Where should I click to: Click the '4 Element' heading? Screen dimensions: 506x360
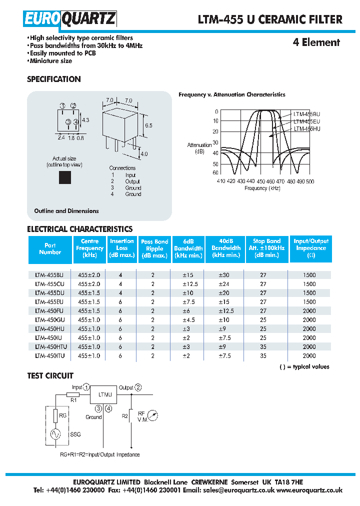pos(316,42)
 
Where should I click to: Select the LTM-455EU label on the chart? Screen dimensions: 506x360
pos(307,121)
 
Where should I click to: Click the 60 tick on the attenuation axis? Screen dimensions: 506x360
pos(215,172)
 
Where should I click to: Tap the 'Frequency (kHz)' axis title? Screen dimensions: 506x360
pos(262,188)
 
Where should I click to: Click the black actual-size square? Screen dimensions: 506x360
pos(64,177)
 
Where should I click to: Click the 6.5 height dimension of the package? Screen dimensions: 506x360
pos(148,125)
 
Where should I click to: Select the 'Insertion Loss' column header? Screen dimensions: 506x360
pos(122,248)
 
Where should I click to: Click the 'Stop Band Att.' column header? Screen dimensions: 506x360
pos(266,248)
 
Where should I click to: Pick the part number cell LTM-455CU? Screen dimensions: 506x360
pos(49,284)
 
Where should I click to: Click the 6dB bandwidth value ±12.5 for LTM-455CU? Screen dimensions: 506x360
pos(188,284)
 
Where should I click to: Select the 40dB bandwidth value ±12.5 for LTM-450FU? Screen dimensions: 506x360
pos(226,311)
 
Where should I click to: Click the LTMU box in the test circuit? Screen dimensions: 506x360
pos(103,395)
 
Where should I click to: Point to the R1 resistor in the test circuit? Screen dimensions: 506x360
pos(73,395)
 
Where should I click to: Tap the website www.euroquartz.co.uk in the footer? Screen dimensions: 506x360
pos(309,490)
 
